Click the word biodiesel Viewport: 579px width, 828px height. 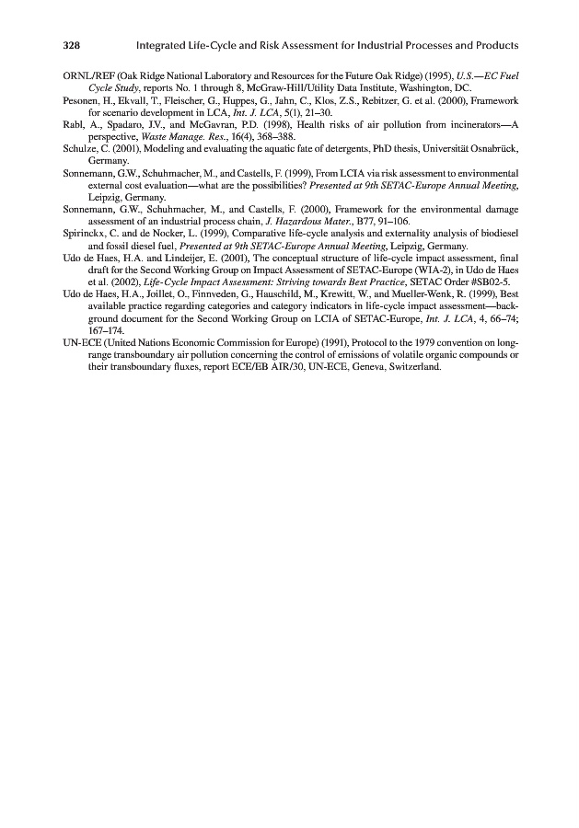point(500,234)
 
